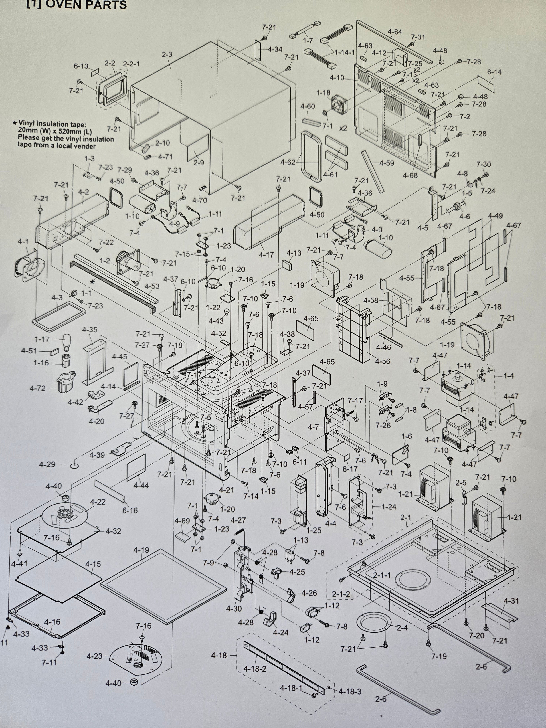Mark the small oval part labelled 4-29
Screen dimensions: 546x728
pos(75,465)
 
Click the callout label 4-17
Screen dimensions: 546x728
pos(266,254)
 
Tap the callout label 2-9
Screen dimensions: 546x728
pos(198,163)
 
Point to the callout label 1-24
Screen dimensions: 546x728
pos(389,507)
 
